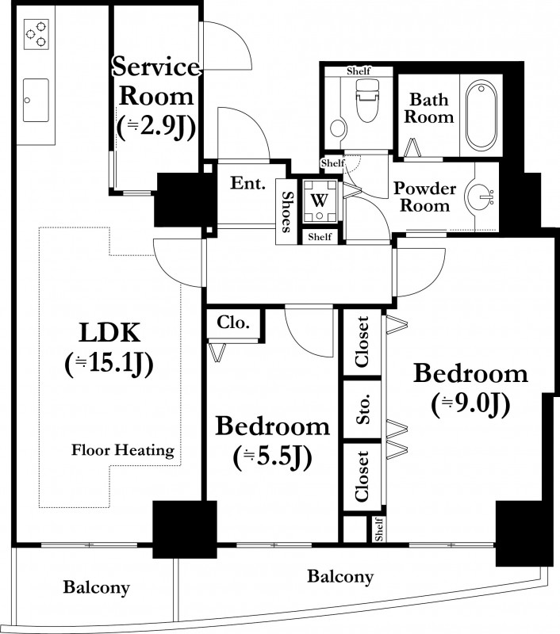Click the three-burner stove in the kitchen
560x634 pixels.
(36, 34)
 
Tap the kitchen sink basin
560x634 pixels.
(36, 101)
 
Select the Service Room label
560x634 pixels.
(156, 82)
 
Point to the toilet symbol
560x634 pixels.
(367, 100)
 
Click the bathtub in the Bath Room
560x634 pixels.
(481, 116)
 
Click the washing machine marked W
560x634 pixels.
(320, 201)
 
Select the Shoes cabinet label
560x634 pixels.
(286, 212)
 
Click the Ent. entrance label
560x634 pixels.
(247, 183)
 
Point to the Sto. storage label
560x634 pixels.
(363, 409)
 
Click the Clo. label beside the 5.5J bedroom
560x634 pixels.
(233, 323)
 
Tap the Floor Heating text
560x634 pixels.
(123, 450)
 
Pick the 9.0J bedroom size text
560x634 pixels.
(470, 405)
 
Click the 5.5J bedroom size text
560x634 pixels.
(272, 458)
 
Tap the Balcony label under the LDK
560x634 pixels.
(96, 587)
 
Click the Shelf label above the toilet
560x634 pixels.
(359, 71)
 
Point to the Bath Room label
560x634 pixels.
(429, 109)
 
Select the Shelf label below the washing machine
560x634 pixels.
(320, 236)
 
